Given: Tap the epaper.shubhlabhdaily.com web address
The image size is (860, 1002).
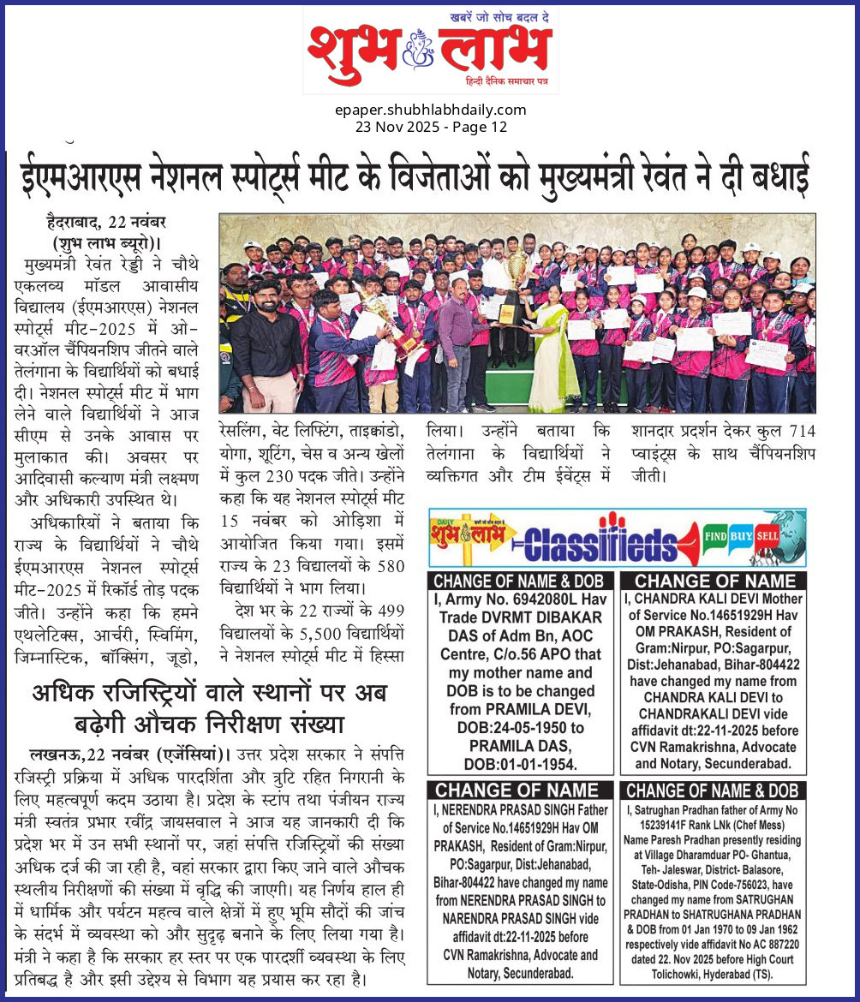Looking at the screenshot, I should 430,110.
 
